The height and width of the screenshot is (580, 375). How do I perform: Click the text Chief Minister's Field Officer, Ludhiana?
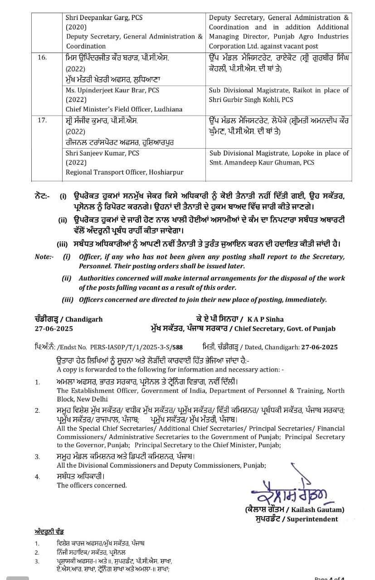click(124, 109)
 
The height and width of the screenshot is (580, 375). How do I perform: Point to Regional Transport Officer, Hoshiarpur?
click(125, 172)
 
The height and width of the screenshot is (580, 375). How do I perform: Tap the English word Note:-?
click(44, 257)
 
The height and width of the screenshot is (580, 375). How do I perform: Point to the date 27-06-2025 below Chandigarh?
click(54, 329)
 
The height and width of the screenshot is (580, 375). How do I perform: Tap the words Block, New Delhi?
click(83, 399)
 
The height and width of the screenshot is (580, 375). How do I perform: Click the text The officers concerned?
click(92, 485)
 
